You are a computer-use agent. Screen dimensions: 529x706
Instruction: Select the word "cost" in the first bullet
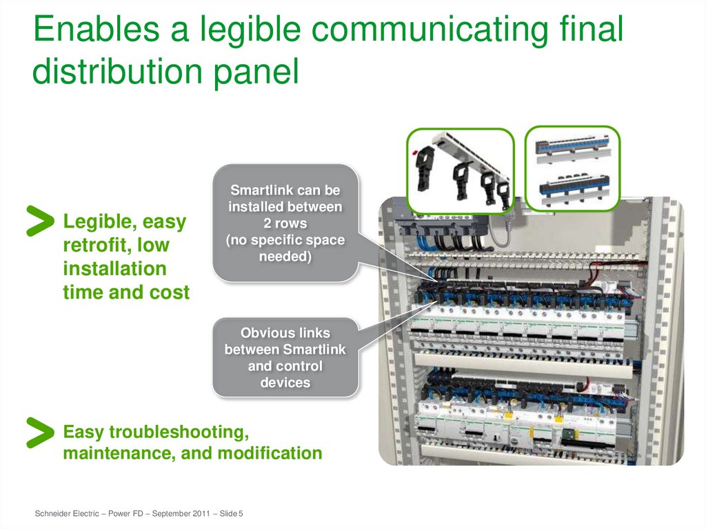(x=170, y=292)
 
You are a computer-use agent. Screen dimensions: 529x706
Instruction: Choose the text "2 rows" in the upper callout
(x=285, y=223)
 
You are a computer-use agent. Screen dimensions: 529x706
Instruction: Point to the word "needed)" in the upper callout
(x=285, y=257)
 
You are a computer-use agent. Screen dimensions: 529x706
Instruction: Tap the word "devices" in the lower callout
(x=285, y=383)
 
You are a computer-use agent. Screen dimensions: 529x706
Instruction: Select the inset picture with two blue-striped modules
(x=572, y=168)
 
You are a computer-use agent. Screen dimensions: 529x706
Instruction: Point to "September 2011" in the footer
(x=179, y=514)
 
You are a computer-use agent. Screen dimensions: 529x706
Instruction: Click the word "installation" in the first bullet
(x=114, y=268)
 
